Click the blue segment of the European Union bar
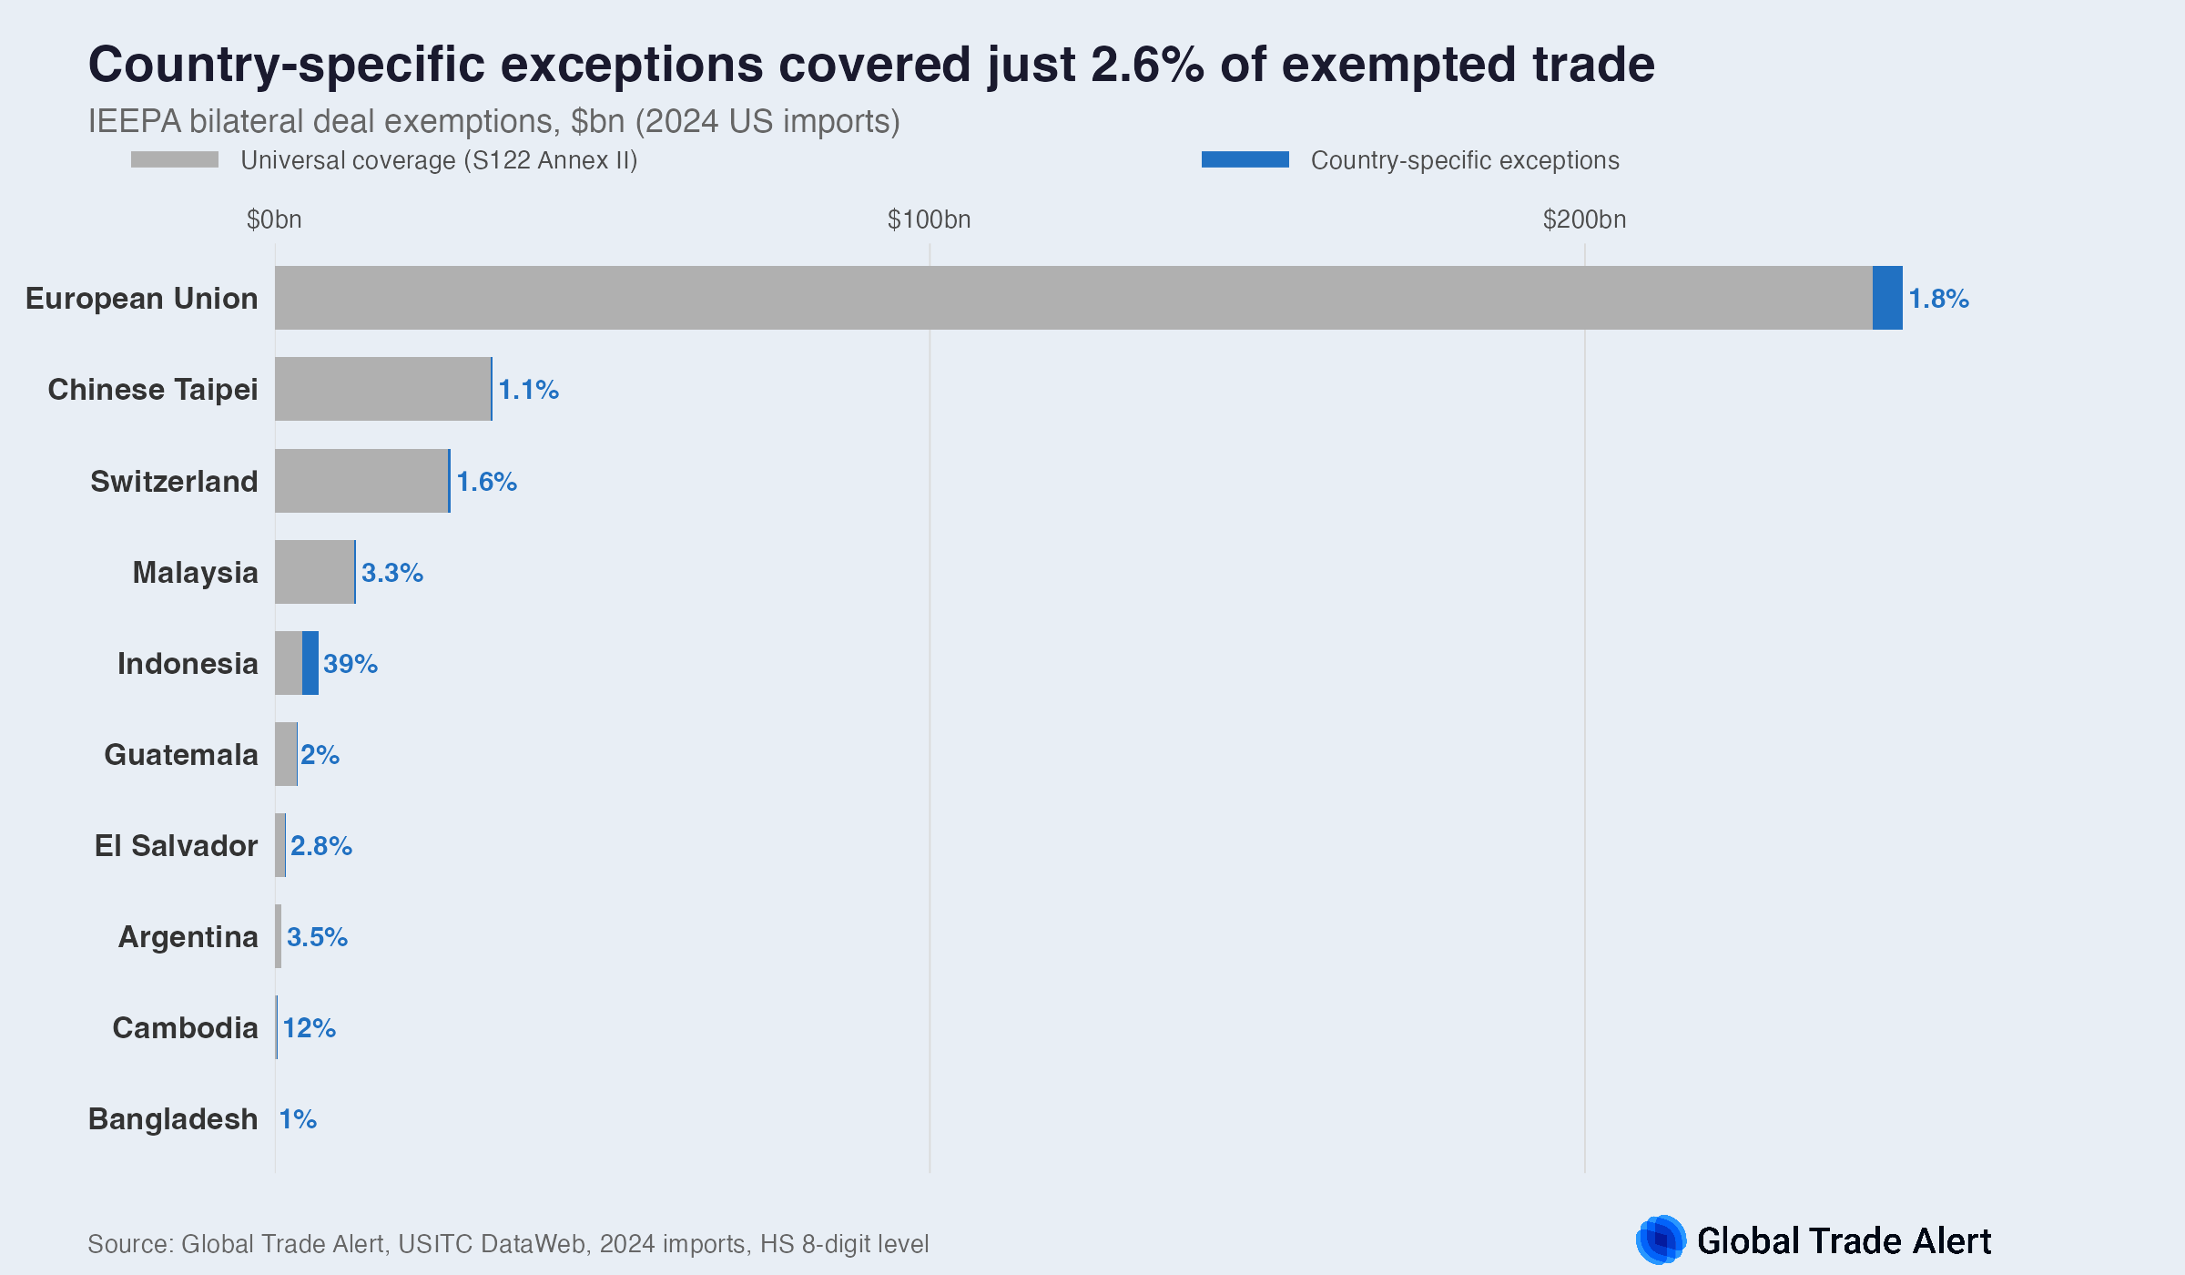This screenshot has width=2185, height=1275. [1887, 298]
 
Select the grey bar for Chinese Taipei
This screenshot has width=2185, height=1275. [382, 389]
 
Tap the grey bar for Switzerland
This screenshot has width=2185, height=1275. [361, 481]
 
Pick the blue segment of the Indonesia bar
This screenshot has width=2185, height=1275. [310, 663]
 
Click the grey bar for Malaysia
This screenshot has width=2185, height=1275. [314, 572]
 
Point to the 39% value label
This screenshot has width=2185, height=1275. [351, 664]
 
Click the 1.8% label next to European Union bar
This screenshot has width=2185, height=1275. [1938, 299]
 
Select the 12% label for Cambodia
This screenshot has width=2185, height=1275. [310, 1028]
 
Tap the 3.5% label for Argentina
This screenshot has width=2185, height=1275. [317, 937]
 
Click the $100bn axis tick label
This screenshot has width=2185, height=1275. [929, 219]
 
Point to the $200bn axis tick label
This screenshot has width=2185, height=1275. [1584, 219]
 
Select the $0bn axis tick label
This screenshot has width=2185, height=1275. [274, 219]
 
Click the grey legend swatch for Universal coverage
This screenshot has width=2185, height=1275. [175, 159]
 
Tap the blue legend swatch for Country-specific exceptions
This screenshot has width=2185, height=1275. [1245, 159]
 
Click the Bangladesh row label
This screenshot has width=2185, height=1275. [173, 1119]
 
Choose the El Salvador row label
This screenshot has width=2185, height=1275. [177, 846]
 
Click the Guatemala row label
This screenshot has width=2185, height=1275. [181, 755]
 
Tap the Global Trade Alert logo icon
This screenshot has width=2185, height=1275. [1661, 1239]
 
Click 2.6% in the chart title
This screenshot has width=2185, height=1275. [1147, 66]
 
